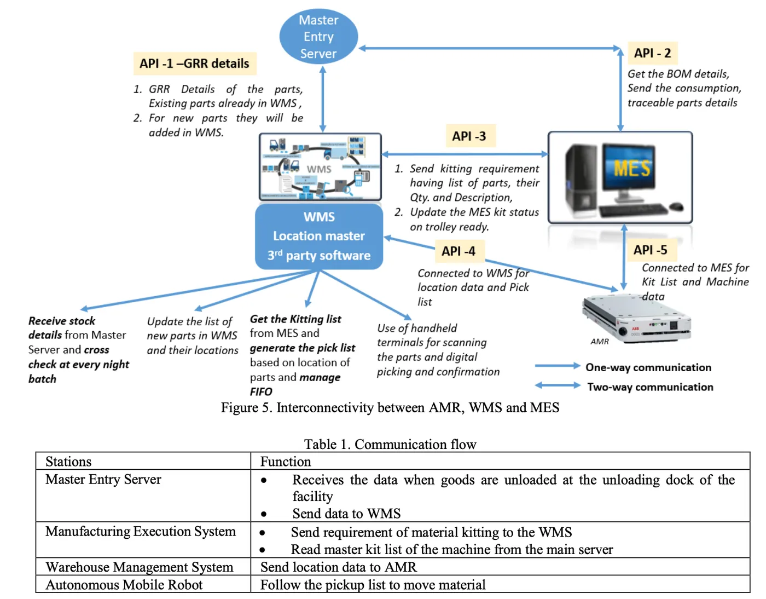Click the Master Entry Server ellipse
coord(318,36)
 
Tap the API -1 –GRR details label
coord(194,64)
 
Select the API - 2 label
coord(652,53)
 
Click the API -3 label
coord(469,136)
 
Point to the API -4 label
coord(459,251)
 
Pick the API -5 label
coord(650,250)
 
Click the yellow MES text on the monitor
coord(632,168)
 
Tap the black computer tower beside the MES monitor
coord(581,178)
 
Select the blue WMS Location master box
coord(319,237)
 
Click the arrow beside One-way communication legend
coord(557,366)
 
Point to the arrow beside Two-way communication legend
coord(557,385)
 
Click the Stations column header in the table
coord(68,462)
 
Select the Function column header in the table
coord(286,462)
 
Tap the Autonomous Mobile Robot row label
coord(124,585)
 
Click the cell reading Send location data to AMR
coord(339,567)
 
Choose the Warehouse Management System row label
coord(140,567)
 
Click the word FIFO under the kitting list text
coord(261,392)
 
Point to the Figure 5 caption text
coord(390,408)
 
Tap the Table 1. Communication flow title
coord(390,444)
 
